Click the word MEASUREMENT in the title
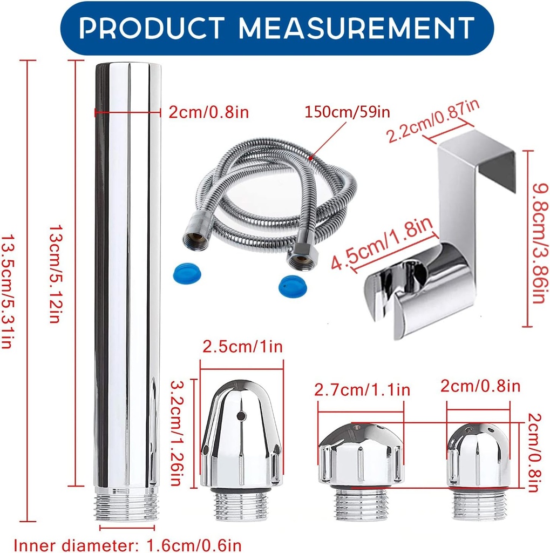357,28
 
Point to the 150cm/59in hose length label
347,112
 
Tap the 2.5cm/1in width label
242,347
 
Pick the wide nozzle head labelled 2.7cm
361,454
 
